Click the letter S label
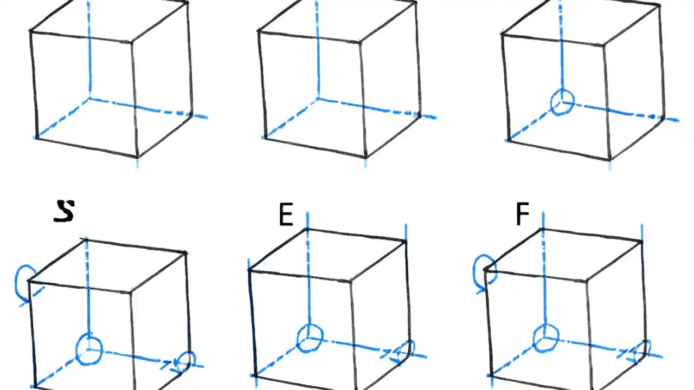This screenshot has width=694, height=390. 64,211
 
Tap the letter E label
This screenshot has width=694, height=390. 286,216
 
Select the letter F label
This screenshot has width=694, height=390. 522,214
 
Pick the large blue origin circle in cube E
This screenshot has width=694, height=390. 310,337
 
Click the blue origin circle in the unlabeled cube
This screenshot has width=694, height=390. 562,102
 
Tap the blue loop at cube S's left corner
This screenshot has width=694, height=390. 25,282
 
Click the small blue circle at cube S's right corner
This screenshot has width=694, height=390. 187,361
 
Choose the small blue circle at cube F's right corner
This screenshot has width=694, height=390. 644,349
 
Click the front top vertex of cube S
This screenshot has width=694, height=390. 130,293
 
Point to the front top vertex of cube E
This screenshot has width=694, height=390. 350,282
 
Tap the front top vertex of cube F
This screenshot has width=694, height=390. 586,281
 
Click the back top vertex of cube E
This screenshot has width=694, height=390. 307,229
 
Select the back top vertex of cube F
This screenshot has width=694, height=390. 543,229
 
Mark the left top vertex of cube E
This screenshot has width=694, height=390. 249,269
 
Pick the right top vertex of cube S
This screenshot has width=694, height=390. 186,252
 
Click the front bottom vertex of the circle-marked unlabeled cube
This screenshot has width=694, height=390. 610,159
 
